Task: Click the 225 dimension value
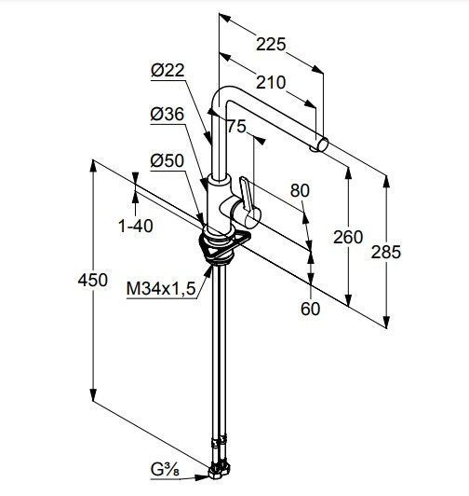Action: click(x=271, y=44)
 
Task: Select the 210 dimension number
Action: click(x=271, y=82)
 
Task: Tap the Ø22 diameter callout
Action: click(x=167, y=70)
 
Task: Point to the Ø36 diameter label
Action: click(x=167, y=114)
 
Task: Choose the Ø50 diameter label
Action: click(x=167, y=160)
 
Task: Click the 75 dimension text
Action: click(x=236, y=126)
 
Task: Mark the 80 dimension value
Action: click(x=300, y=190)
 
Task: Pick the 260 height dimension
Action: click(x=348, y=237)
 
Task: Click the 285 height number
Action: click(x=385, y=252)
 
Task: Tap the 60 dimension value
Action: click(x=310, y=309)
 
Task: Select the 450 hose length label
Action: click(x=92, y=280)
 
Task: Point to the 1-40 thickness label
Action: click(x=136, y=226)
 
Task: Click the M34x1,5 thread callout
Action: click(x=161, y=288)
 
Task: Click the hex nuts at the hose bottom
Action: click(x=220, y=471)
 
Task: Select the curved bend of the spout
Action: click(x=221, y=95)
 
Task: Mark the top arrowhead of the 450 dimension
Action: click(x=92, y=165)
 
